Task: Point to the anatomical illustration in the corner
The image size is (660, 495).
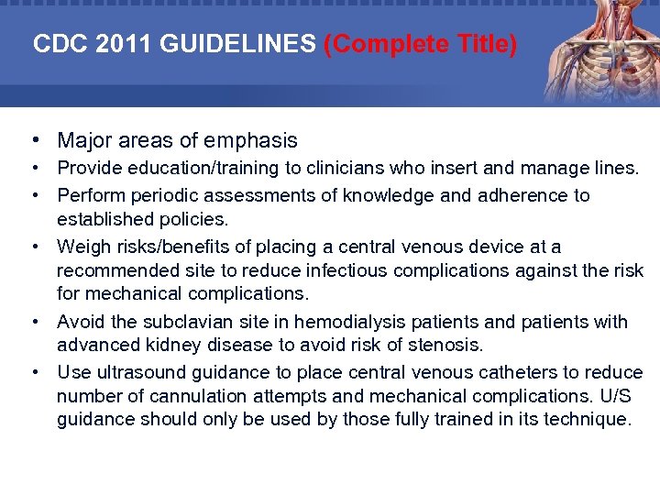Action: pos(600,50)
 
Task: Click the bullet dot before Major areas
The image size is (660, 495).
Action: pos(33,140)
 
